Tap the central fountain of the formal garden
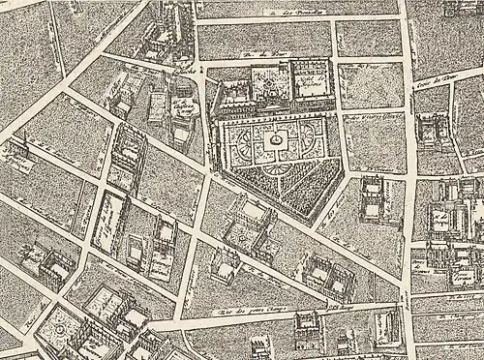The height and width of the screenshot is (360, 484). (x=277, y=142)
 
